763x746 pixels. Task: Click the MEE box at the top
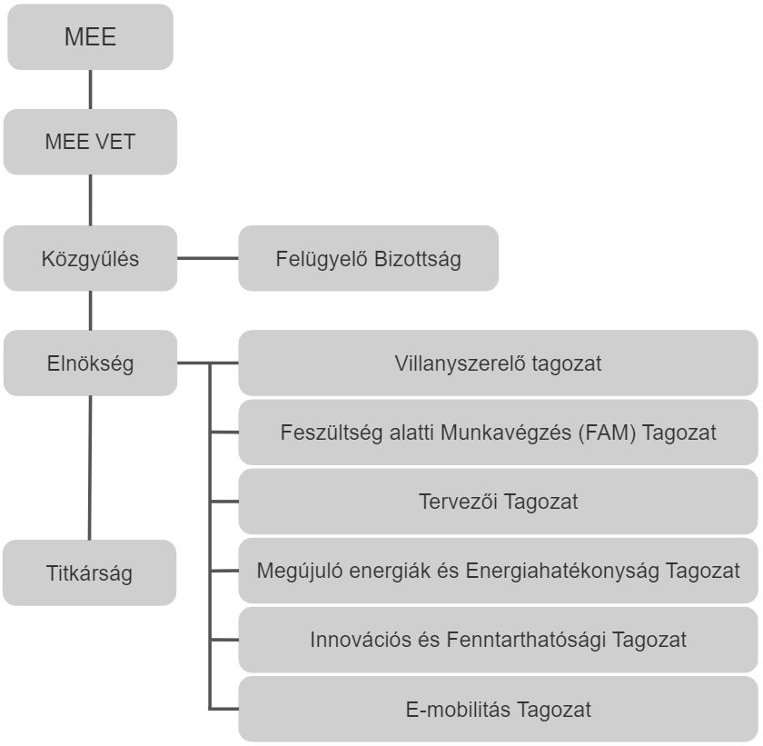[90, 37]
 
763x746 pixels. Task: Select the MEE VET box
[90, 142]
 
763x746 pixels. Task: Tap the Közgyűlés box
[90, 258]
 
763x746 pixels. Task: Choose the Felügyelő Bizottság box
[368, 258]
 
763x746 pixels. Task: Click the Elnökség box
[90, 363]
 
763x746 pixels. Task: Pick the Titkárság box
[89, 573]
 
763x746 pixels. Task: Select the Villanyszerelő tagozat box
[498, 363]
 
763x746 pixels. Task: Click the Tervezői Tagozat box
[498, 501]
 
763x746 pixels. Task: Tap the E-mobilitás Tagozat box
[498, 709]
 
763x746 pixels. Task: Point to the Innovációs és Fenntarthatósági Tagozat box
[498, 639]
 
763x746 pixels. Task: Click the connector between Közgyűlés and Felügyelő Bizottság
[207, 258]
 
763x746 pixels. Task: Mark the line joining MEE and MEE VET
[90, 89]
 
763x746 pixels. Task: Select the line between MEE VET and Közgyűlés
[90, 200]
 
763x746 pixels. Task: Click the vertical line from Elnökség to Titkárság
[89, 468]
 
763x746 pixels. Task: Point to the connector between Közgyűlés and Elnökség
[90, 311]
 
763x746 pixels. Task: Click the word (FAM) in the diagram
[603, 433]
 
